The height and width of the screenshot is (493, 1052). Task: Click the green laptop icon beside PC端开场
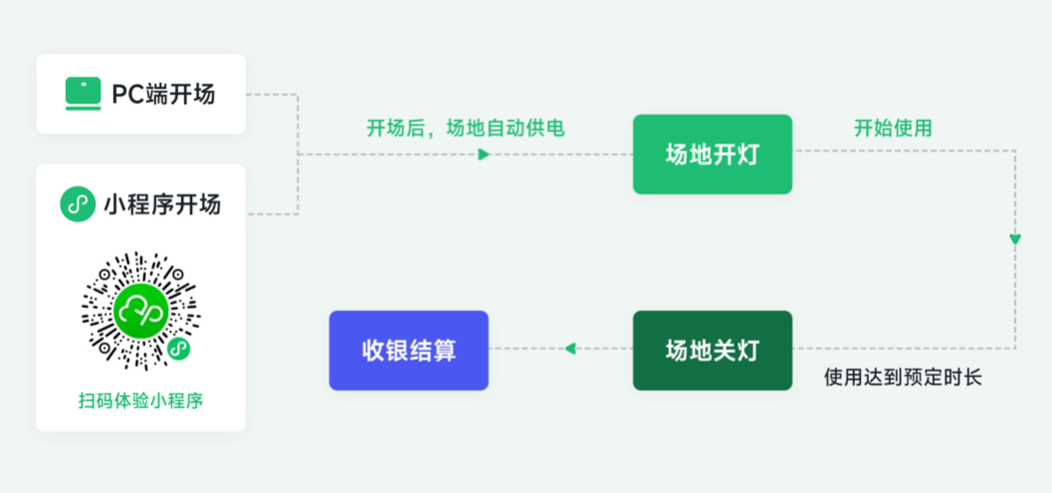(83, 94)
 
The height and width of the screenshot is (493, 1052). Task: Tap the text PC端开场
(163, 95)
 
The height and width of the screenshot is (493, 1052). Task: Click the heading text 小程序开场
(162, 205)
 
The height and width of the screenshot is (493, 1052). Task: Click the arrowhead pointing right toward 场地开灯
(484, 154)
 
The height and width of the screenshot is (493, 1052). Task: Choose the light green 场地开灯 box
(713, 154)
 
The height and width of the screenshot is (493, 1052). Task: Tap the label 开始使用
(892, 127)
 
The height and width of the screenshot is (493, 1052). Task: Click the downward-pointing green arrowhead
(1014, 239)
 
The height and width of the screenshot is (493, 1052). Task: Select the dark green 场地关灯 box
(713, 350)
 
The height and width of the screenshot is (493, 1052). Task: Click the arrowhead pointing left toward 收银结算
(569, 349)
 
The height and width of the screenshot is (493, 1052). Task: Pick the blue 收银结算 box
(409, 350)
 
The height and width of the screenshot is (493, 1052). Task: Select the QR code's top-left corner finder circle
(105, 275)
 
